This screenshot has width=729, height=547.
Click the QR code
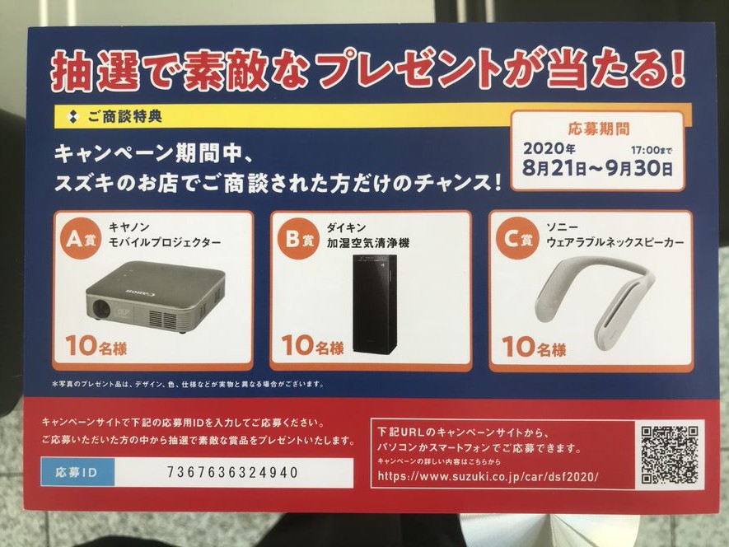pos(670,455)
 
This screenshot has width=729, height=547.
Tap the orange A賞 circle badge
pos(81,238)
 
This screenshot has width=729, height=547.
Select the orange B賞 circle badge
pos(298,239)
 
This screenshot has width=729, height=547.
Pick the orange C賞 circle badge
pos(516,238)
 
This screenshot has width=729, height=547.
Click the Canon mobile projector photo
pos(156,297)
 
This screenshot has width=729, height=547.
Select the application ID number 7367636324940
pos(232,472)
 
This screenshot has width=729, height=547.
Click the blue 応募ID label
pos(77,472)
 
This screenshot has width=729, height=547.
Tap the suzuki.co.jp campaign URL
pos(488,476)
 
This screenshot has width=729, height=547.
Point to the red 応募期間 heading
pos(599,129)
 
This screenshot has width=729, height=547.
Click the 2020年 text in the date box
pos(549,149)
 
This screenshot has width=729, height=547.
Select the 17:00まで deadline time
pos(652,150)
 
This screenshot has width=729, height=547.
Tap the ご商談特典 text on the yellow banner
pos(124,116)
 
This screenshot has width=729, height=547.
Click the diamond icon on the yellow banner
pos(72,116)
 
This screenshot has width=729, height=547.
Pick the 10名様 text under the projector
pos(96,346)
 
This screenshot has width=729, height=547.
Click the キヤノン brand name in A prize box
pos(129,227)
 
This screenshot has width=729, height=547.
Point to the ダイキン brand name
pos(346,227)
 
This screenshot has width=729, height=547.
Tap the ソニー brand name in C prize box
pos(562,227)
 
